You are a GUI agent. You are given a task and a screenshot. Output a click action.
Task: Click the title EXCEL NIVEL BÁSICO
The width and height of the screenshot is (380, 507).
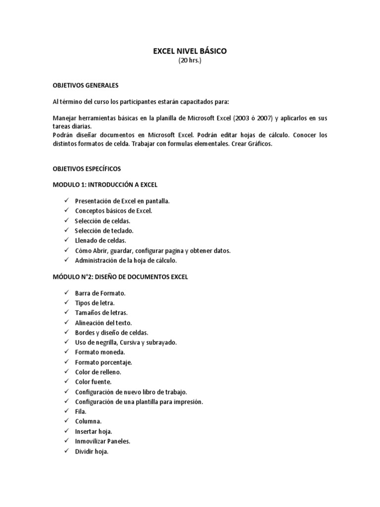point(190,51)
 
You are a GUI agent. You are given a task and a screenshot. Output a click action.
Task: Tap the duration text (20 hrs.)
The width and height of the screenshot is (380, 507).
point(190,60)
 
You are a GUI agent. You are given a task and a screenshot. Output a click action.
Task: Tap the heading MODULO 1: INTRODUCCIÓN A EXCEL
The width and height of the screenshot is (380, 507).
point(105,185)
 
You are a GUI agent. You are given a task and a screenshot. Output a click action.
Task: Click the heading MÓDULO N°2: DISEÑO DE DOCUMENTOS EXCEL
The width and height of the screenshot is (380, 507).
point(120,277)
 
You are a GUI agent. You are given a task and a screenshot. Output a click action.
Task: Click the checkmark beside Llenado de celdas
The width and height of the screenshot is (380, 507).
point(66,240)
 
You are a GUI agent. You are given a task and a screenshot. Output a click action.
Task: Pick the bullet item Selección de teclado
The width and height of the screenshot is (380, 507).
point(104,230)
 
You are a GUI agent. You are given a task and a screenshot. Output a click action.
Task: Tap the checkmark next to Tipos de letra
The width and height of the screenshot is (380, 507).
point(66,303)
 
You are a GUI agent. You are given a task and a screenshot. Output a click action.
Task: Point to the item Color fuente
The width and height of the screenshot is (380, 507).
point(93,382)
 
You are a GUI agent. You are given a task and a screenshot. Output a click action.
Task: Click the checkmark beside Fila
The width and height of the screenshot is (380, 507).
point(66,411)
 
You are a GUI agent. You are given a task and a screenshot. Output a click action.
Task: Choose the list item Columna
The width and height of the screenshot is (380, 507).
point(89,421)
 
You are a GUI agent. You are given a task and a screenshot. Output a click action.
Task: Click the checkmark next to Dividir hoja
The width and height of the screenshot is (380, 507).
point(66,451)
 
